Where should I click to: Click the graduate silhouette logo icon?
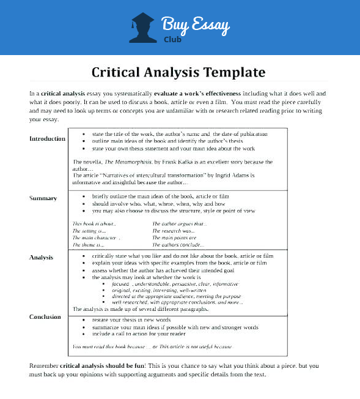[142, 28]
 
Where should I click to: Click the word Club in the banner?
[172, 37]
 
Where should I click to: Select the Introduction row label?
[47, 139]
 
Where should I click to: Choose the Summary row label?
[43, 198]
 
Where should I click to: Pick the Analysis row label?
[41, 258]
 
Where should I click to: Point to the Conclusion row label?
[45, 317]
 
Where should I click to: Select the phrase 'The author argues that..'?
[180, 224]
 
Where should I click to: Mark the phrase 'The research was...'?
[174, 231]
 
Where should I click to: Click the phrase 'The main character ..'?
[97, 238]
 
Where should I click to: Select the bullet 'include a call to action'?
[139, 334]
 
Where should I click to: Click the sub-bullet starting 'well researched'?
[178, 302]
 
